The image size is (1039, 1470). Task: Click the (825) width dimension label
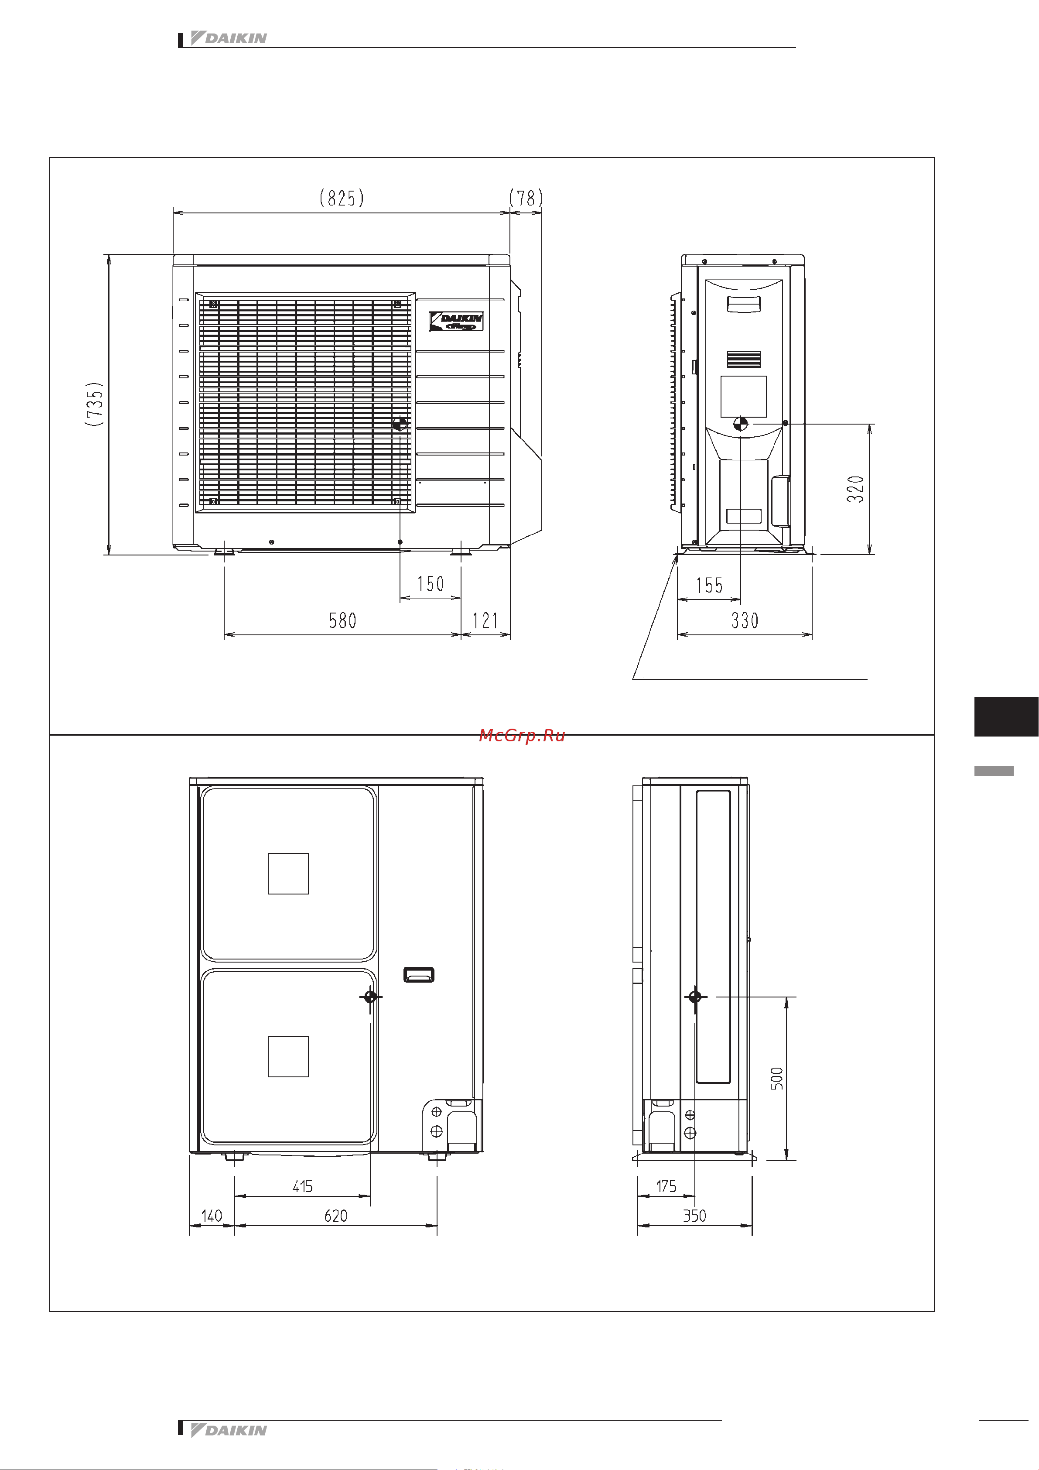click(342, 198)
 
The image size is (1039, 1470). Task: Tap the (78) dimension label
click(526, 198)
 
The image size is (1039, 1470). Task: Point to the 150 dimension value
click(430, 584)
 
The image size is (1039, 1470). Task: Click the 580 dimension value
click(342, 620)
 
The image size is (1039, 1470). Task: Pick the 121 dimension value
click(485, 620)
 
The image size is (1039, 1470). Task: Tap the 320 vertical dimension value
click(855, 489)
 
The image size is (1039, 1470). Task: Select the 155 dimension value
click(709, 585)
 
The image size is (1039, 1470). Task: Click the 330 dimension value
click(745, 620)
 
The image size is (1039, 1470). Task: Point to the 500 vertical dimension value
click(776, 1078)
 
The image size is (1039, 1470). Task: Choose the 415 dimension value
click(302, 1186)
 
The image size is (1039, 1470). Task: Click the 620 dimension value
click(335, 1216)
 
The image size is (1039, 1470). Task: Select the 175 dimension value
click(666, 1186)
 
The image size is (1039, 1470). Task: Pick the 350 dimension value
click(694, 1216)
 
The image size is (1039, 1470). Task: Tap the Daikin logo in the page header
click(229, 38)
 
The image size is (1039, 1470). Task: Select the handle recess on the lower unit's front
click(419, 974)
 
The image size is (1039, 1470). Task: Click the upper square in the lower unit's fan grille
click(288, 873)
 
